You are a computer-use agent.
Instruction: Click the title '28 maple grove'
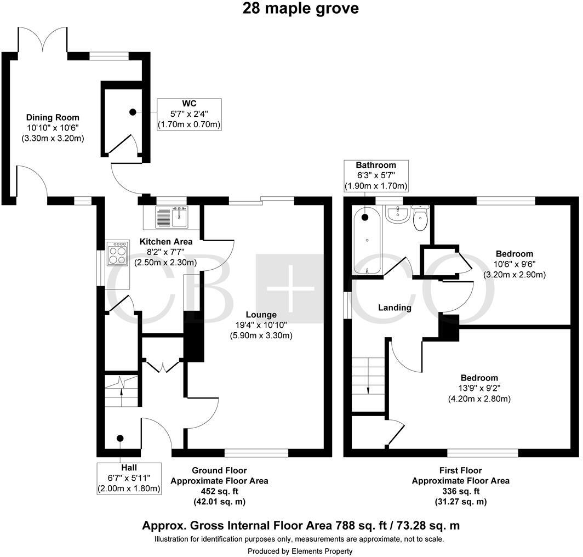coord(301,9)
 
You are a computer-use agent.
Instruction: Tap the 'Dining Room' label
coord(53,117)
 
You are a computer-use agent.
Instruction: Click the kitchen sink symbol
coord(172,218)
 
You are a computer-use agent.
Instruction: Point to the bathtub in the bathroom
coord(366,241)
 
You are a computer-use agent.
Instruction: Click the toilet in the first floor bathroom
coord(420,219)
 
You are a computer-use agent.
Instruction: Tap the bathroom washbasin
coord(396,215)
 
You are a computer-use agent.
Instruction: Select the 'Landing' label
coord(395,308)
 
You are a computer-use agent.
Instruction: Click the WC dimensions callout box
coord(189,114)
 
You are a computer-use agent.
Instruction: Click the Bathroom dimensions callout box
coord(375,175)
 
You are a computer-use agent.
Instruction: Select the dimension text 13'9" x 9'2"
coord(479,389)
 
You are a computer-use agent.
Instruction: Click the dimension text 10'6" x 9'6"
coord(514,264)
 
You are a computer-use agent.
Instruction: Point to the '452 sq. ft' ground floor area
coord(219,491)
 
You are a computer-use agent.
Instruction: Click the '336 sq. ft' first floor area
coord(460,491)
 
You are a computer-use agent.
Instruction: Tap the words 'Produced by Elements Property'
coord(300,551)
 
